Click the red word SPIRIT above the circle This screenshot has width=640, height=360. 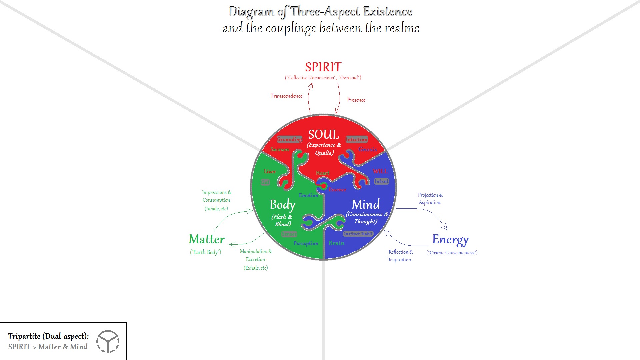tap(323, 67)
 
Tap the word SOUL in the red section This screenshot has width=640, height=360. tap(323, 135)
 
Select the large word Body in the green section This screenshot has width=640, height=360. tap(282, 205)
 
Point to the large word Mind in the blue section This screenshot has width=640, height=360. tap(366, 204)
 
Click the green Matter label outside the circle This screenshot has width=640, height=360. tap(207, 239)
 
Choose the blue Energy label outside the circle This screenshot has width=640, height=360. tap(450, 240)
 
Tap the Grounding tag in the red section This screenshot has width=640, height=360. tap(289, 139)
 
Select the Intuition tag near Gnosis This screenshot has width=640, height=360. tap(356, 139)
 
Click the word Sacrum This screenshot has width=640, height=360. tap(279, 149)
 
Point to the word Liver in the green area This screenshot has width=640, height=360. tap(270, 172)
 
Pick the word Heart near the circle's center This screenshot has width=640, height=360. tap(322, 173)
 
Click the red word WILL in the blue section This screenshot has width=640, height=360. tap(380, 171)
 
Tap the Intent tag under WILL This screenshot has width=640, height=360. tap(381, 181)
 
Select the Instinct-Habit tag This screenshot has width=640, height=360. tap(358, 234)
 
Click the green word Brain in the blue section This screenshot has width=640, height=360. tap(336, 243)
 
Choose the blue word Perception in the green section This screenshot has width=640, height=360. tap(306, 243)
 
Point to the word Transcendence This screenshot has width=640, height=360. tap(286, 96)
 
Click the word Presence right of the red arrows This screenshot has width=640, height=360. tap(356, 100)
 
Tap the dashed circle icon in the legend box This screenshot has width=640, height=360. tap(108, 341)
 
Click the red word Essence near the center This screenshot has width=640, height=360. tap(337, 190)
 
